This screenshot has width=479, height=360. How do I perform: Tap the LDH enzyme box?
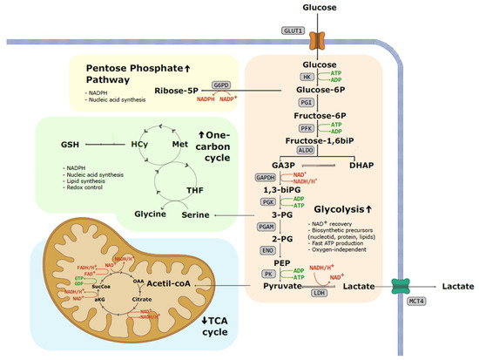tap(320, 303)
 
